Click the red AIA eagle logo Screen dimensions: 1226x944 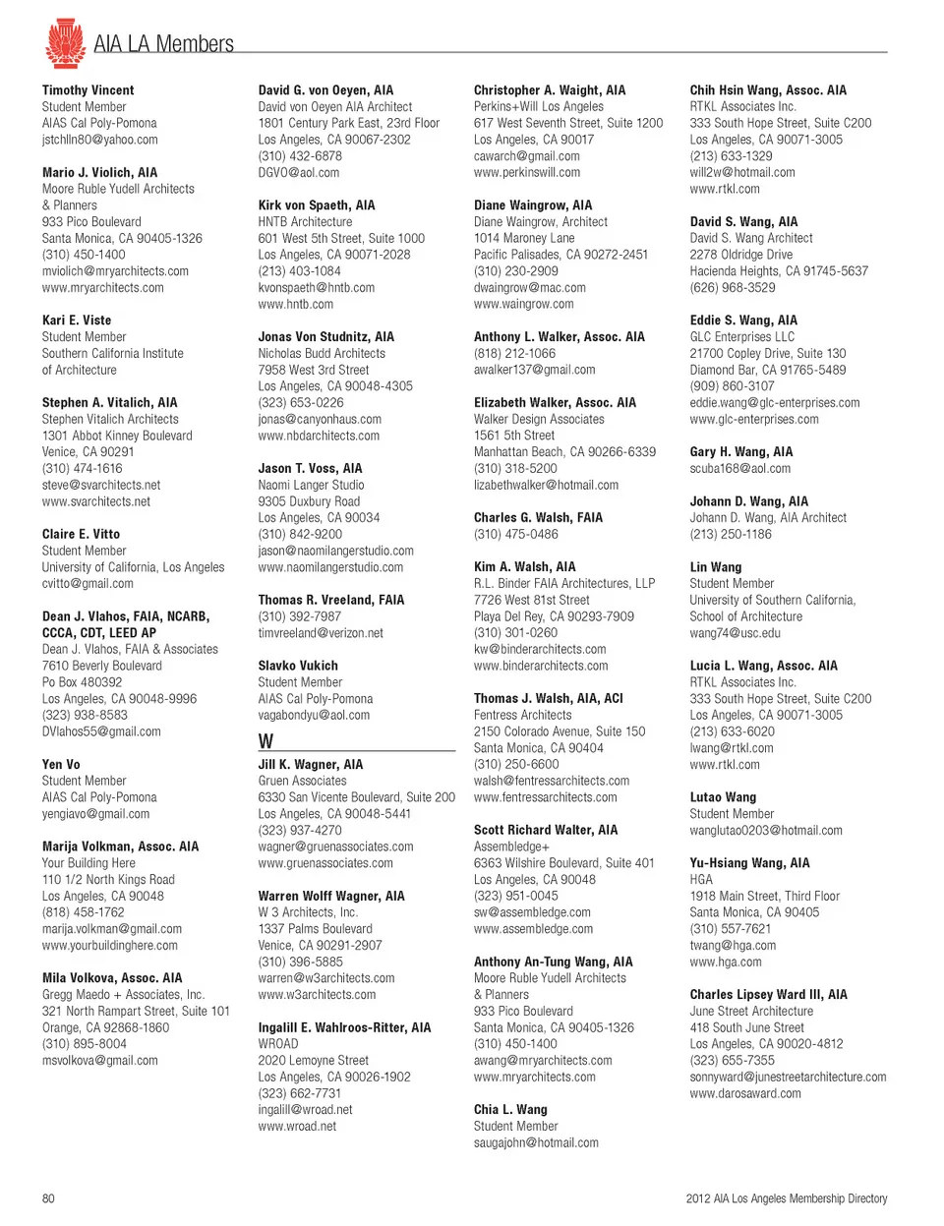click(x=65, y=42)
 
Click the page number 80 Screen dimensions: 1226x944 click(x=48, y=1198)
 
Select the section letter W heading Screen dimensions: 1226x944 click(x=265, y=741)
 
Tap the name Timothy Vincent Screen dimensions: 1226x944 click(x=88, y=90)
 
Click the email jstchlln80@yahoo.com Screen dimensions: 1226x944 click(x=99, y=140)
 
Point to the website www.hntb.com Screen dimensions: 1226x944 click(x=295, y=305)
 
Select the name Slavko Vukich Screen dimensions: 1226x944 click(x=298, y=666)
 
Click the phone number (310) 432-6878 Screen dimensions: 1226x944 click(x=300, y=156)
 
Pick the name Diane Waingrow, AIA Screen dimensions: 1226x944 click(x=533, y=205)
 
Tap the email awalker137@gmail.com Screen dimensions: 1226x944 click(x=534, y=370)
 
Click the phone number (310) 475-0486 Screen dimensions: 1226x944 click(x=515, y=534)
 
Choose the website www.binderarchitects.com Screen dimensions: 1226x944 click(x=541, y=666)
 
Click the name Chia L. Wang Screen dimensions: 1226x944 click(x=510, y=1109)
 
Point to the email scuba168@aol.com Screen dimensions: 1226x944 click(x=739, y=468)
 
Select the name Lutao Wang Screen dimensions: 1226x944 click(x=723, y=797)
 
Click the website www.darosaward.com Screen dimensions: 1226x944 click(x=745, y=1093)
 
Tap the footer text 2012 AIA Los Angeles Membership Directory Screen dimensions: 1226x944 click(x=786, y=1198)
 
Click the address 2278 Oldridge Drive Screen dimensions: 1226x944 click(x=740, y=255)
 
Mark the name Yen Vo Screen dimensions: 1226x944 click(x=61, y=764)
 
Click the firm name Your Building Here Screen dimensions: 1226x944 click(x=88, y=863)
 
